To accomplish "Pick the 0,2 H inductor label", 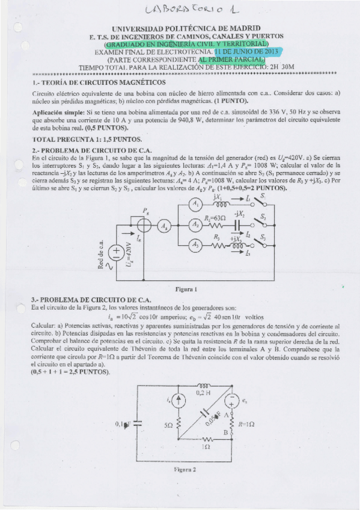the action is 202,392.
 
